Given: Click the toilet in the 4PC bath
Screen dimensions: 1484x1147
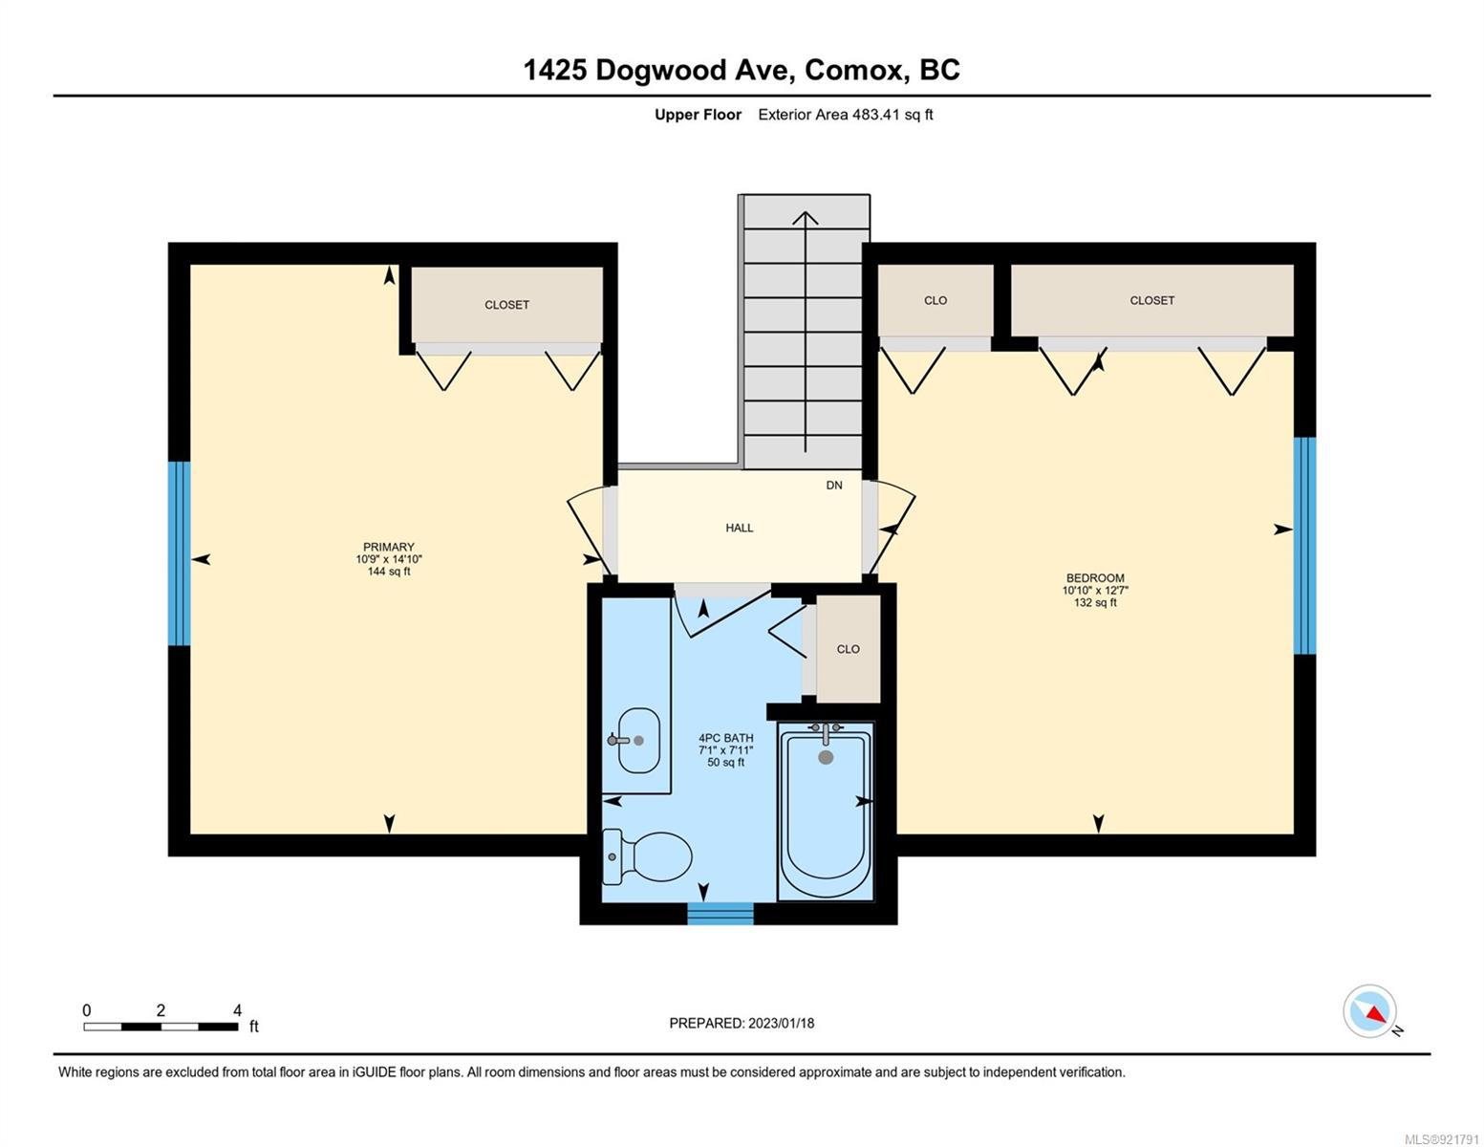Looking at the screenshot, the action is point(646,855).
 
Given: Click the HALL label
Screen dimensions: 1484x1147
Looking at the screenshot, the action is point(739,528).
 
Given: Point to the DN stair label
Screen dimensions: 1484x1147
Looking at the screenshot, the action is point(834,485).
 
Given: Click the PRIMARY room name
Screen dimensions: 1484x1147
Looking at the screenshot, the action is point(389,547).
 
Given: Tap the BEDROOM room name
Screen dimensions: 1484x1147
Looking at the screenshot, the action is point(1095,578).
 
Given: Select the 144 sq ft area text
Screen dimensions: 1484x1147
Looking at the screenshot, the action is point(389,571).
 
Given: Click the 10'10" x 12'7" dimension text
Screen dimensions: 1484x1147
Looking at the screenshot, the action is point(1095,591).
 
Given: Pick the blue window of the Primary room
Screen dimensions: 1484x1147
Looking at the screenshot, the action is point(179,553).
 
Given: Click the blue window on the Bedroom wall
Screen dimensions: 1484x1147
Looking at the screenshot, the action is point(1304,545).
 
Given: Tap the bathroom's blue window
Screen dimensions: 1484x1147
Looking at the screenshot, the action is point(720,914).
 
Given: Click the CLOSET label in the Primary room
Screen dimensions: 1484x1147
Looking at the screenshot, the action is point(506,305).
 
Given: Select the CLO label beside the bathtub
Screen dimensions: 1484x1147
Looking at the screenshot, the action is point(849,649).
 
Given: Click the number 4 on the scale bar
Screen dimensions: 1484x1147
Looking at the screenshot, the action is point(237,1010).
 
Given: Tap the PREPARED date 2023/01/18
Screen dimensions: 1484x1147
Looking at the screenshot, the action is point(782,1024).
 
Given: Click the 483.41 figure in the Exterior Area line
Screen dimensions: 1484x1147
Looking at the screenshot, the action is point(876,114).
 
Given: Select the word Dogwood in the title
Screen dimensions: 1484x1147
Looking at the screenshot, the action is point(660,71).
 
